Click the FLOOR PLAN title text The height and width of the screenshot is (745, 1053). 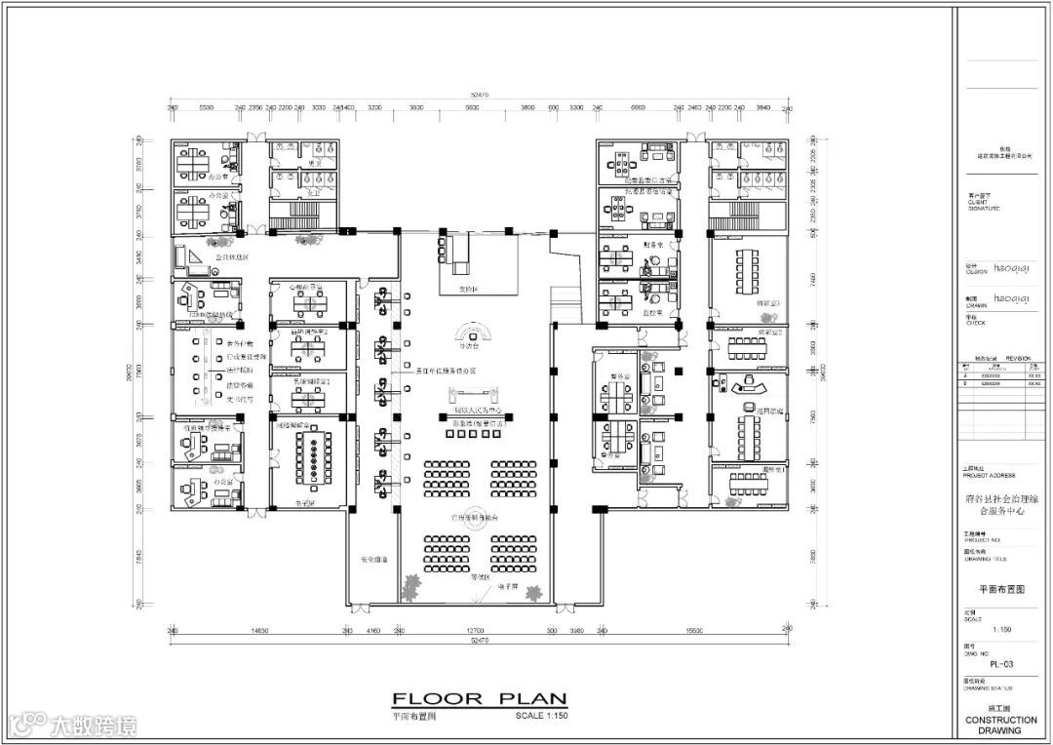(x=478, y=698)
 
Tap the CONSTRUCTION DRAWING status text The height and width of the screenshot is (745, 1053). (x=1001, y=725)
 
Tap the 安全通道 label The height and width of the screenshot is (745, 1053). (x=374, y=560)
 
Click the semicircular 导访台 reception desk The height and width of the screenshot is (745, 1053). (x=471, y=329)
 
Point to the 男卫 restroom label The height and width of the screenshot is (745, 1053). (x=314, y=164)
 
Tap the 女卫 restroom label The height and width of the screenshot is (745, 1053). (x=314, y=193)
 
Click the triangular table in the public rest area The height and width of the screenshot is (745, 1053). (x=191, y=255)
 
